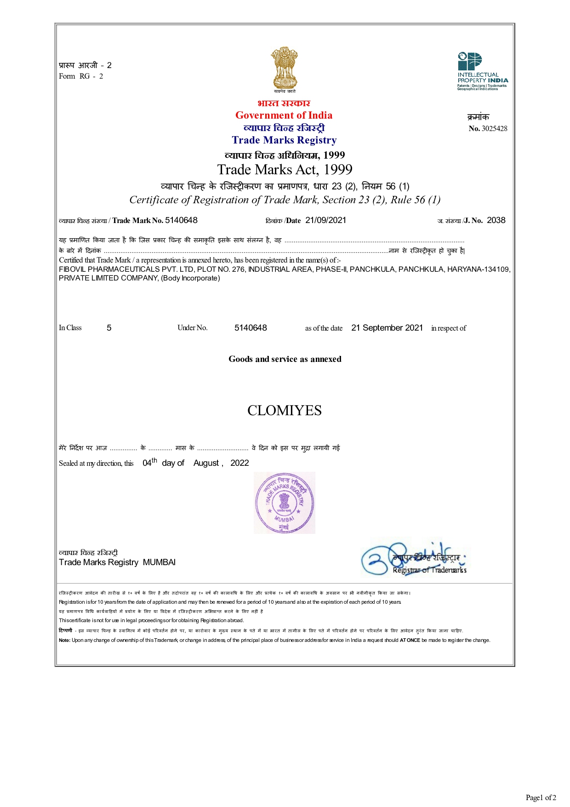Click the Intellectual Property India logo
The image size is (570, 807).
(x=482, y=71)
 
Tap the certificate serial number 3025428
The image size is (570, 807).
(x=494, y=129)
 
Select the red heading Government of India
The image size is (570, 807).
(x=284, y=115)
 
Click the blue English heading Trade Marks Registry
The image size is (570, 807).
(x=284, y=140)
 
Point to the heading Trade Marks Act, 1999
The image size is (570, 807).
(x=285, y=170)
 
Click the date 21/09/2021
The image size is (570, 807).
(x=325, y=220)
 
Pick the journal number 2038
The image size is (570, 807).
(x=496, y=220)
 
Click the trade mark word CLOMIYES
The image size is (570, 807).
(x=284, y=410)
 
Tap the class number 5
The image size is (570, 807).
(x=109, y=328)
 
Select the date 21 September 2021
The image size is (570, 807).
(x=387, y=328)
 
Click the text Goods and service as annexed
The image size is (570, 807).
(x=285, y=359)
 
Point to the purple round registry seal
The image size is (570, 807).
(x=284, y=503)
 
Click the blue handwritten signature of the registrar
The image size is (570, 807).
(x=391, y=559)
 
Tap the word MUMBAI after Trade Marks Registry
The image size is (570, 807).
(x=159, y=562)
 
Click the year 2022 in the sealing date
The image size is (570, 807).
(x=239, y=463)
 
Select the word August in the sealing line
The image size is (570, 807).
(x=206, y=463)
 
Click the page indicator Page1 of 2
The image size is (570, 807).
(x=541, y=797)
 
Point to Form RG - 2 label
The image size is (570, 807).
(x=81, y=76)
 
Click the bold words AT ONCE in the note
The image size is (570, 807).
(x=410, y=640)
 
